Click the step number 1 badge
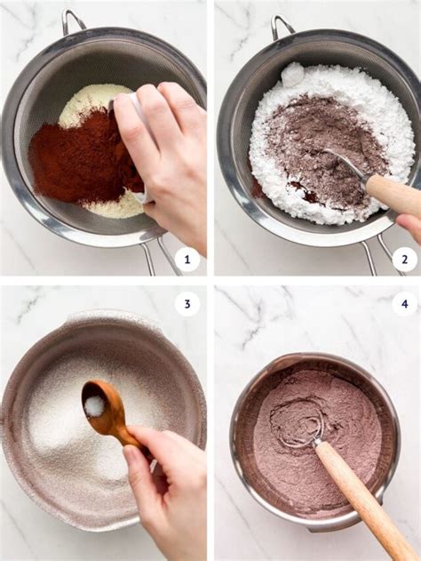[x=187, y=260]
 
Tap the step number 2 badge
[x=404, y=260]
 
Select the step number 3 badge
[x=187, y=304]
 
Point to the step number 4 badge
[x=404, y=304]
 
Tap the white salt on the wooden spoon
[x=95, y=406]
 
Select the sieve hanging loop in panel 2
[x=282, y=26]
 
